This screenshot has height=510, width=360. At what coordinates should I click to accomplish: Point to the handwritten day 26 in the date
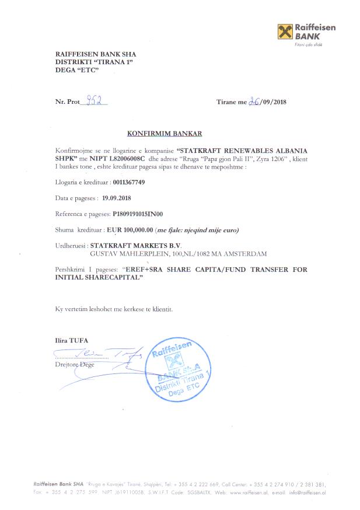tap(254, 101)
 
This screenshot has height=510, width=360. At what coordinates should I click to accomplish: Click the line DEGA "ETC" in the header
tap(75, 70)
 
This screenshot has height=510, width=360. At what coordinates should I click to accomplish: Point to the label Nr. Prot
tap(67, 102)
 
